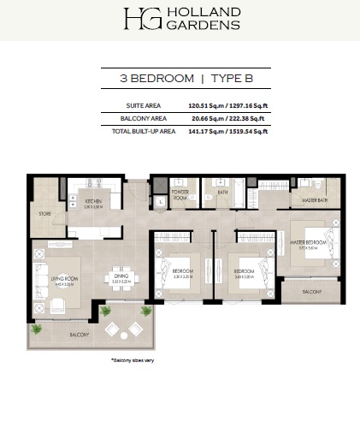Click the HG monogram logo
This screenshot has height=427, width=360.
point(139,18)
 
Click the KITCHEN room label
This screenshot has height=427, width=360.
point(93,202)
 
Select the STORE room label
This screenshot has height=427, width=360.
point(44,213)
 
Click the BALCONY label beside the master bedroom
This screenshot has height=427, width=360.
point(311,293)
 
